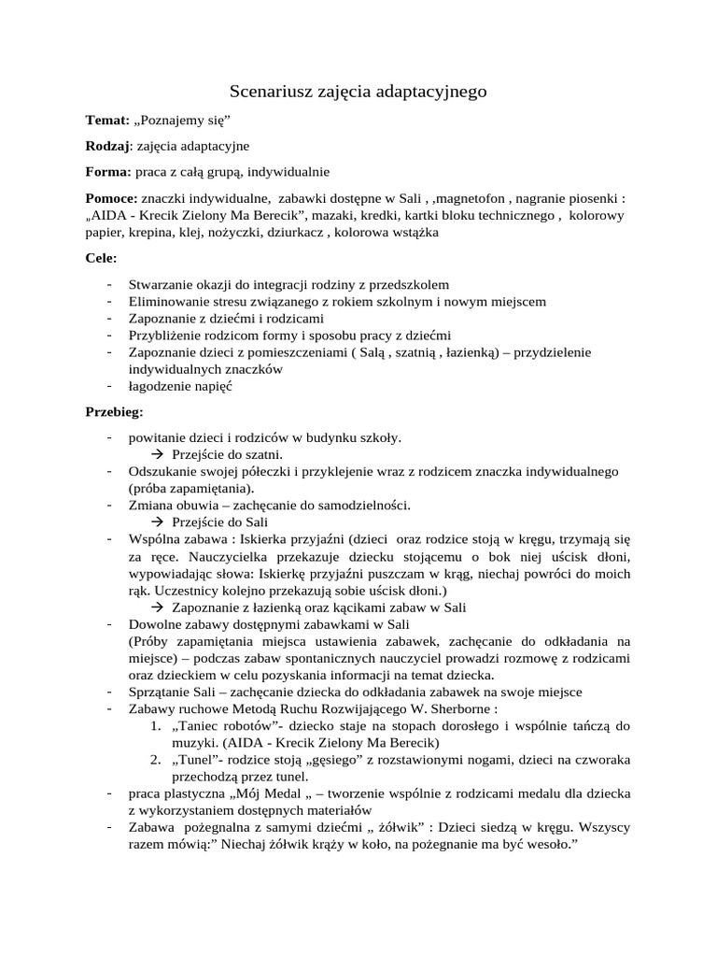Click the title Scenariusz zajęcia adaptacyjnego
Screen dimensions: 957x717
pos(358,92)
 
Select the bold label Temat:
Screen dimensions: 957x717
pos(106,121)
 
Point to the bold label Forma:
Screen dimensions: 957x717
pos(108,172)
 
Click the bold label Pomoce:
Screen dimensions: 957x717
pos(111,198)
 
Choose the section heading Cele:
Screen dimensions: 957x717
pos(102,257)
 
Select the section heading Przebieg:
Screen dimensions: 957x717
pos(115,410)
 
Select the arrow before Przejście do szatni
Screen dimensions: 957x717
pos(156,454)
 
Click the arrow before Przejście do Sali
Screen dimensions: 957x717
pos(156,521)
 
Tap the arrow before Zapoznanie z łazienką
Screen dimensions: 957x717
pos(156,607)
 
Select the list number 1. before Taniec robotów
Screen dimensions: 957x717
pos(156,725)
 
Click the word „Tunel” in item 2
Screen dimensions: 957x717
pos(198,759)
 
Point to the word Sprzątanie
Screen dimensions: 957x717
pos(162,692)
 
